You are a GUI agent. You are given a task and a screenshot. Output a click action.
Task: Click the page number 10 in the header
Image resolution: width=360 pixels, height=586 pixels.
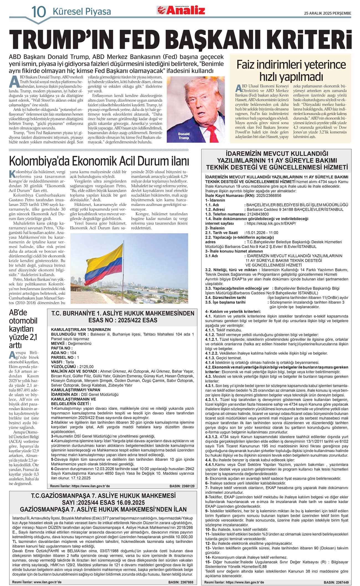point(38,11)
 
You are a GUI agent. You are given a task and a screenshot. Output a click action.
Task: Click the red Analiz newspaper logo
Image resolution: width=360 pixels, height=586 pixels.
point(181,10)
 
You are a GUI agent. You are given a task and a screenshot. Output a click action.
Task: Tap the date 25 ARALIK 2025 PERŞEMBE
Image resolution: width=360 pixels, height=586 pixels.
point(327,13)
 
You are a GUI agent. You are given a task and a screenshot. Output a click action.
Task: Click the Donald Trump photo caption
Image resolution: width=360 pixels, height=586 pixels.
point(184,136)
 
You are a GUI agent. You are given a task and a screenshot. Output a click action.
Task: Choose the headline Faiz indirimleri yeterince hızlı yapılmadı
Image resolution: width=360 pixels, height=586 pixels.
point(291,70)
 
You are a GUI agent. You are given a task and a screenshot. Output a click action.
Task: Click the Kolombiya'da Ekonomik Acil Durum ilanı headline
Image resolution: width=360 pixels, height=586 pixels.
point(99,161)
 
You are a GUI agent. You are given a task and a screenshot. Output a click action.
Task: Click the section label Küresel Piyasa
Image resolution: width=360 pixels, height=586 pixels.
point(82,12)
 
